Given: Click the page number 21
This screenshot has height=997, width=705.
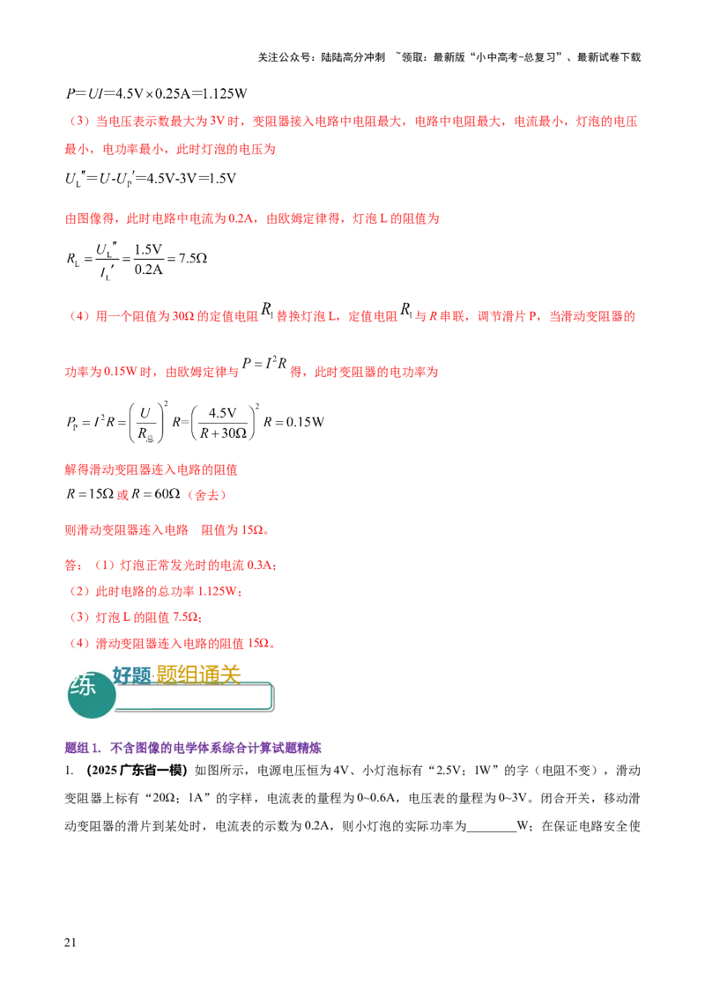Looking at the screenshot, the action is coord(70,942).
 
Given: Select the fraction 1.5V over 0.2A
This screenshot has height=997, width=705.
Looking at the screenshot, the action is coord(148,260).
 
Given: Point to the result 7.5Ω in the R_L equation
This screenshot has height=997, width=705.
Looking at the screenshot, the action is coord(193,258).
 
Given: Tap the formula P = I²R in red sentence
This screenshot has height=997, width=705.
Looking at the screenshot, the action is coord(264,363).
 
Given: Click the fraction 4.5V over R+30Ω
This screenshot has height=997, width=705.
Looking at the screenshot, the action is coord(223,423).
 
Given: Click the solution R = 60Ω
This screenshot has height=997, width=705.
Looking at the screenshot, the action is coord(156,494).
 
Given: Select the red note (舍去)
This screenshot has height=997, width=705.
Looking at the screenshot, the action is coord(207,495).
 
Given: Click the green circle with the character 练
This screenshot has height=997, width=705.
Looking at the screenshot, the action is coord(92,694).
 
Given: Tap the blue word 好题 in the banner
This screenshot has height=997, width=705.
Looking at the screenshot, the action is coord(131,676).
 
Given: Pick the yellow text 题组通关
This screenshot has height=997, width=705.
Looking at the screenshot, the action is coord(198,675).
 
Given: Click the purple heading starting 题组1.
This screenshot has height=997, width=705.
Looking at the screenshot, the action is coord(193,748).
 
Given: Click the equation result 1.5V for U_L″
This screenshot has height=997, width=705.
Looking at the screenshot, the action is coord(223,179).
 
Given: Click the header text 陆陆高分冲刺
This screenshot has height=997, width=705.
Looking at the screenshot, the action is coord(353,57).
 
